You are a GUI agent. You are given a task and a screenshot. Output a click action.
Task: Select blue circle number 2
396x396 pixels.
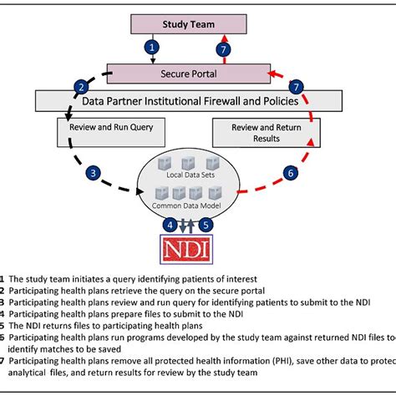point(81,86)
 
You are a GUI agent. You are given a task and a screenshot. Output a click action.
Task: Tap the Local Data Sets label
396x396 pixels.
point(188,176)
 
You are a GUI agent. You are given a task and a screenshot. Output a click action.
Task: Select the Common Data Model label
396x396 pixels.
point(188,205)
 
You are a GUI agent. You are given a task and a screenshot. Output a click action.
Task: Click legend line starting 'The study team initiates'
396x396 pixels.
point(125,279)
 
